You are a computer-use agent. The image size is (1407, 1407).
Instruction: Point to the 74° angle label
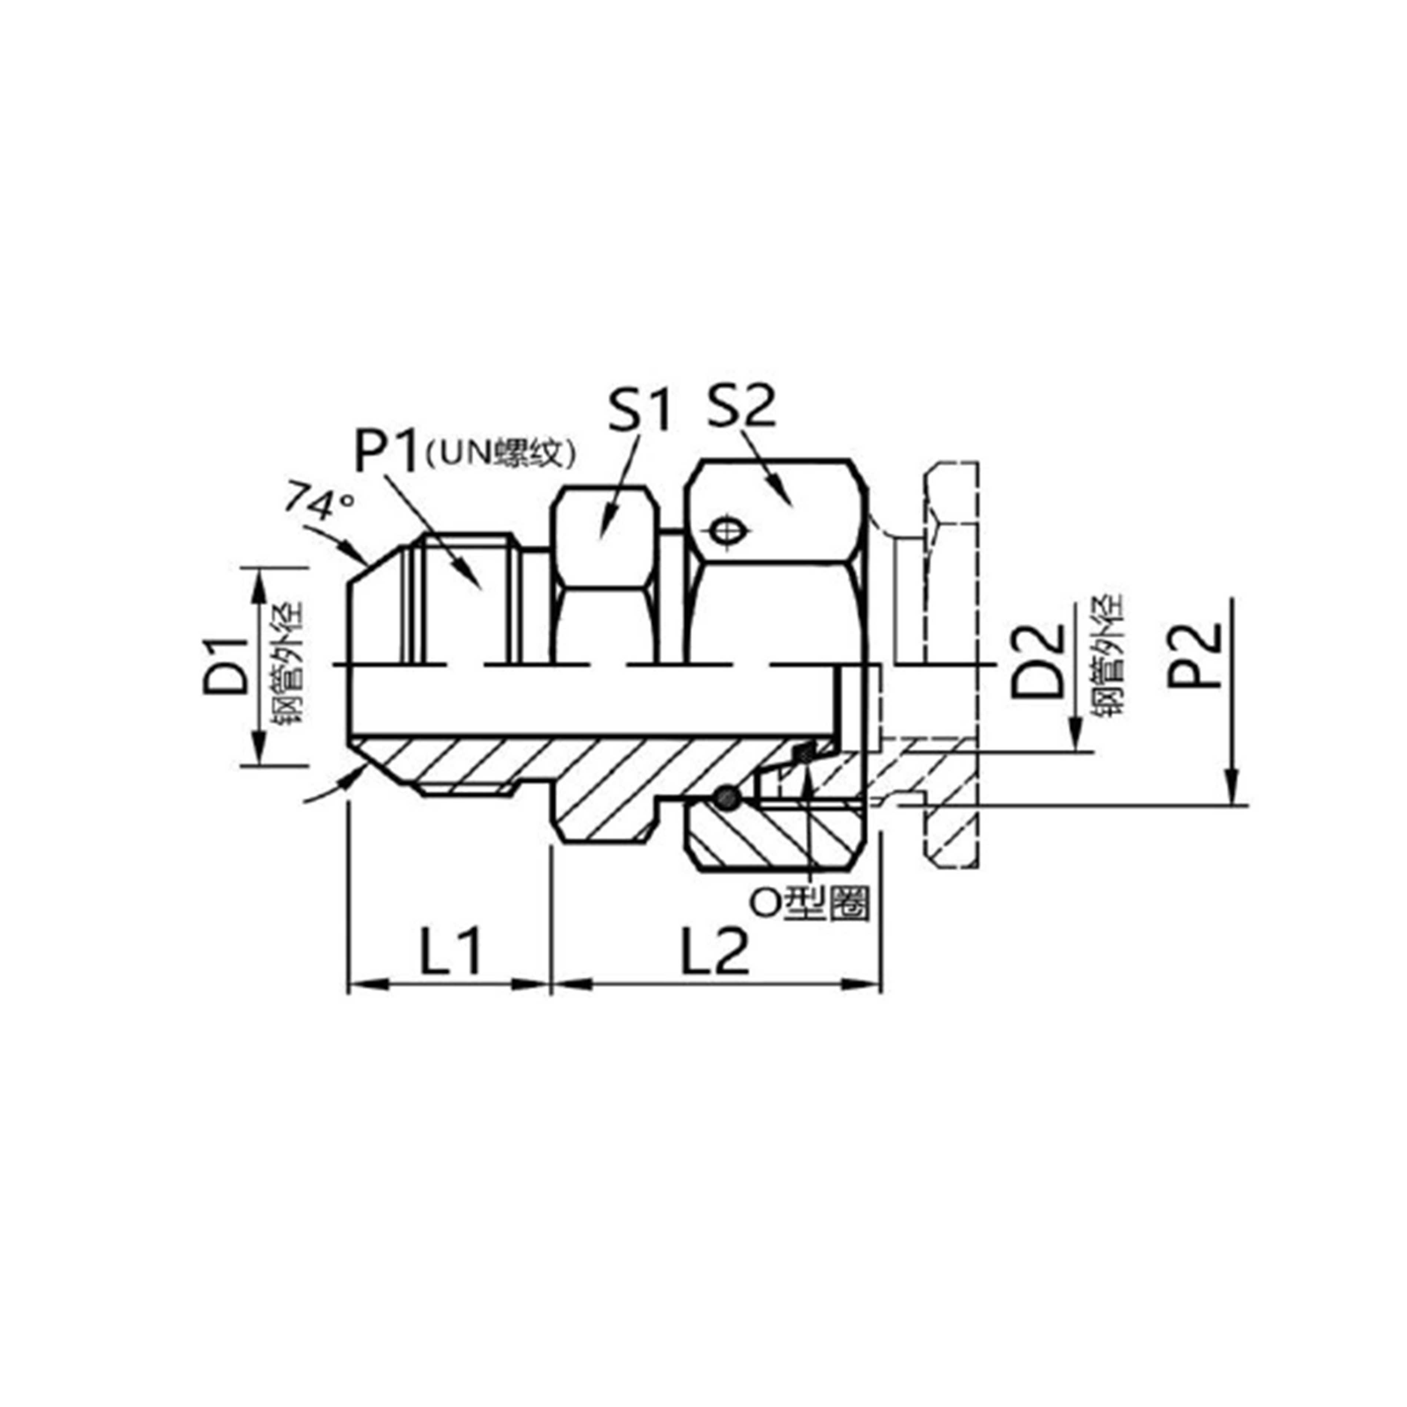coord(318,501)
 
